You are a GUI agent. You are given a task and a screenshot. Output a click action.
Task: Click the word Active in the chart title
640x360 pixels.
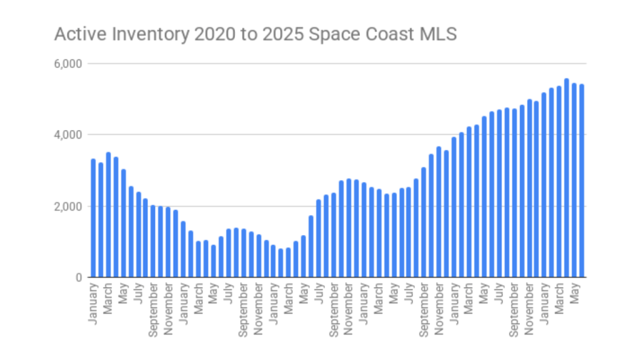click(x=72, y=34)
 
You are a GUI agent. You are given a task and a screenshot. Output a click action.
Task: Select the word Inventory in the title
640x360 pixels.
click(x=132, y=34)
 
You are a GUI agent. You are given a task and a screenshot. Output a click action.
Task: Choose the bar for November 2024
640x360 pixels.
click(x=529, y=188)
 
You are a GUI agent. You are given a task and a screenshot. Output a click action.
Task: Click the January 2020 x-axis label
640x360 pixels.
click(x=93, y=303)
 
